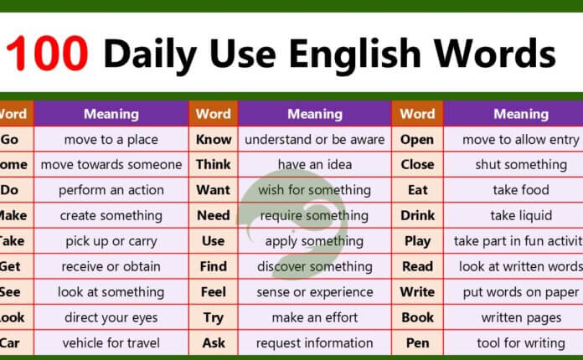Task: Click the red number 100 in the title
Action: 48,55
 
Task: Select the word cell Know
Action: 214,140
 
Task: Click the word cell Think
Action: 214,165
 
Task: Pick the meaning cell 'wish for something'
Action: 314,190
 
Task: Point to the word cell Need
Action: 214,215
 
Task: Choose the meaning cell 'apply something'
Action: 314,241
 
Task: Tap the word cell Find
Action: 214,266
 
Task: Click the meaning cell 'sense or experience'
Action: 314,292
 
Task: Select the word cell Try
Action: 214,317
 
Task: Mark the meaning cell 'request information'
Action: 314,342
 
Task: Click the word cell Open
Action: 417,140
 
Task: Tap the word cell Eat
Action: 417,190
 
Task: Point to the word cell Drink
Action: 417,215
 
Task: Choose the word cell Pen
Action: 417,342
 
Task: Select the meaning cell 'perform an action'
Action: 111,190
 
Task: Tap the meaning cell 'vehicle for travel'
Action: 111,342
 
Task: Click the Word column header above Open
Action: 417,114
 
